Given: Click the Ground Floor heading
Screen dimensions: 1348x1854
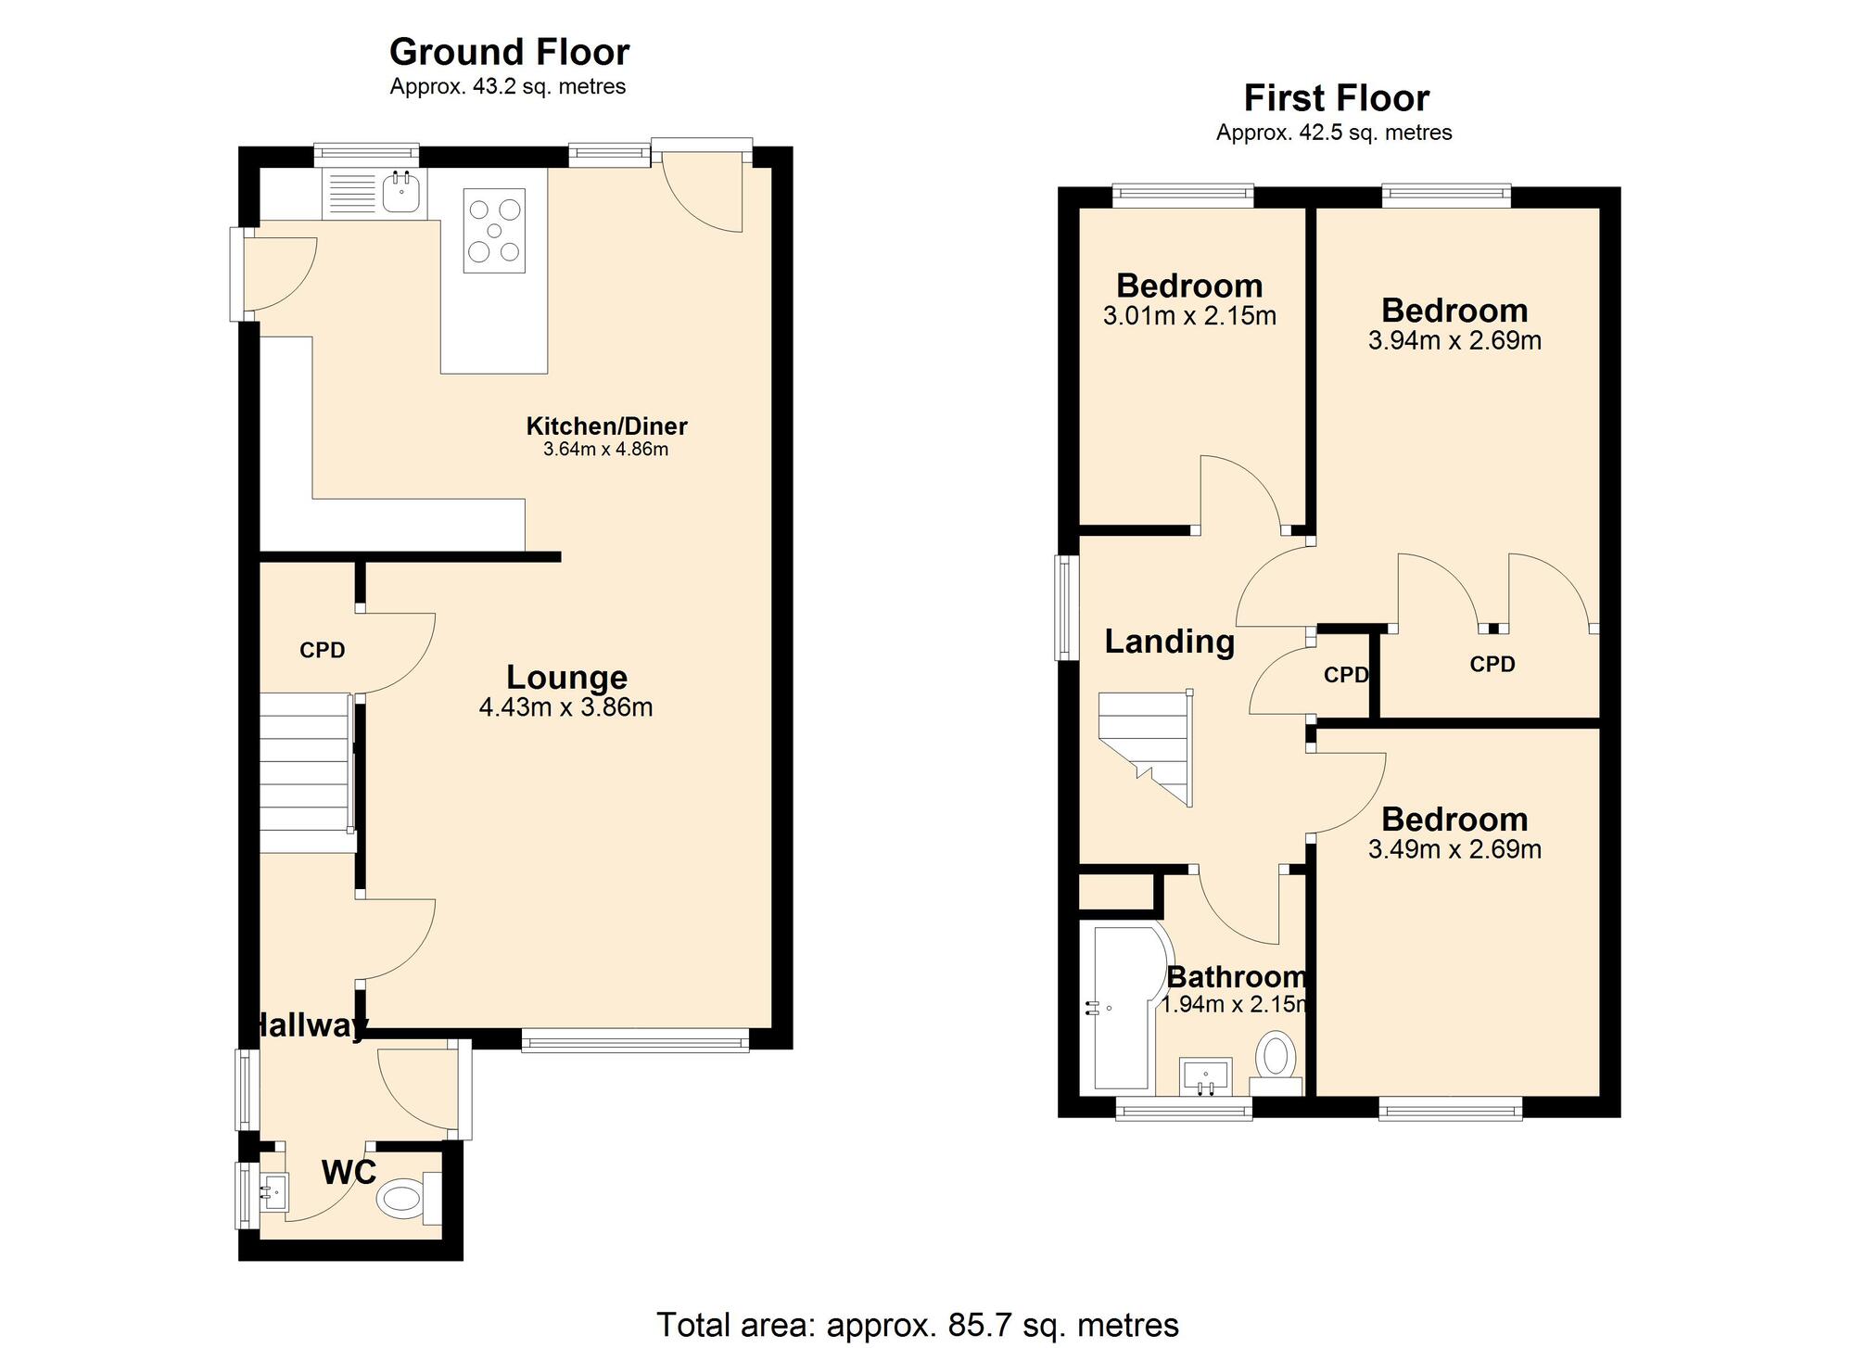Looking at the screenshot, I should point(509,52).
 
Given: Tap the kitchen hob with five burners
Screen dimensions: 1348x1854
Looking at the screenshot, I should point(494,231).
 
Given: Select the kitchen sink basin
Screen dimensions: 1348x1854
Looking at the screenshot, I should point(403,193).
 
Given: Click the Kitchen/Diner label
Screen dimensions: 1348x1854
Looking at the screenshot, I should point(606,426).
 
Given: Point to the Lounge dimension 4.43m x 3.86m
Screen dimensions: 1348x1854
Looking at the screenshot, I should point(565,707).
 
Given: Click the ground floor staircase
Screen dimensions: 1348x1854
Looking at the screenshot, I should point(306,772).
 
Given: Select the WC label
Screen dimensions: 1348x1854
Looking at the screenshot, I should point(349,1173).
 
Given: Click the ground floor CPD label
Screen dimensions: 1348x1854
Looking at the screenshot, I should point(322,651).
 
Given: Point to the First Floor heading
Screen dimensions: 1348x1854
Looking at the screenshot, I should point(1336,97).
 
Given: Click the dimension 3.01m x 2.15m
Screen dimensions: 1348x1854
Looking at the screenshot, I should point(1189,316).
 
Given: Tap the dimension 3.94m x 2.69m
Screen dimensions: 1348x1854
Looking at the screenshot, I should point(1454,340).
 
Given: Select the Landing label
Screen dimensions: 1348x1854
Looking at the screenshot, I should point(1169,642).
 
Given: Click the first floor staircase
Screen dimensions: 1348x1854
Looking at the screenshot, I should point(1147,746).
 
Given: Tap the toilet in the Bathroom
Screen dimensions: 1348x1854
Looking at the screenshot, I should point(1276,1059).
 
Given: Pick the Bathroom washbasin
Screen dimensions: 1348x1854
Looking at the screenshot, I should point(1205,1076).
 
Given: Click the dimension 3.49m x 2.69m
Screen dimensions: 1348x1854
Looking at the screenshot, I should point(1454,849).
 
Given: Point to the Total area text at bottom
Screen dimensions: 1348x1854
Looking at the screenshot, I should point(917,1325).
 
